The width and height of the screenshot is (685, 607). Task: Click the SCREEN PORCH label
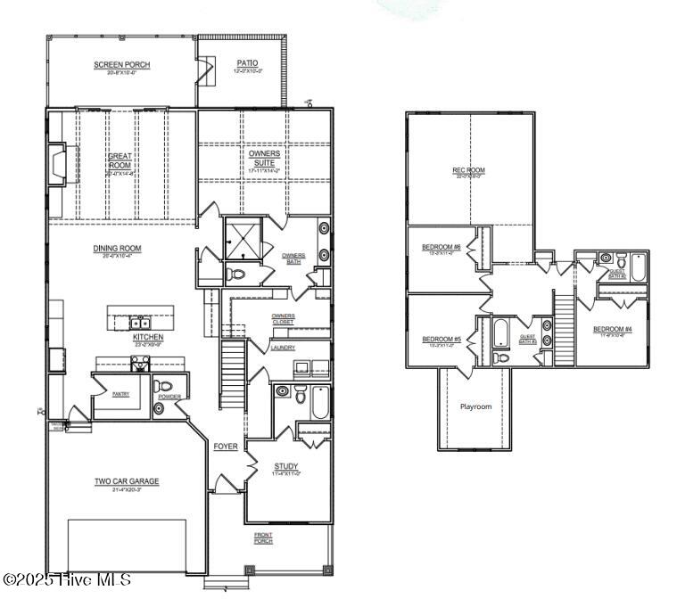coord(122,65)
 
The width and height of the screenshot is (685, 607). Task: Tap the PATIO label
coord(247,63)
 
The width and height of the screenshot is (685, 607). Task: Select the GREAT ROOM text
coord(120,160)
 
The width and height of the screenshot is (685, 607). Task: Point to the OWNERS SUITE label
coord(264,159)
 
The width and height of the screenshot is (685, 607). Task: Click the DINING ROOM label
coord(118,249)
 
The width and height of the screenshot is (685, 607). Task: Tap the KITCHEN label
coord(147,338)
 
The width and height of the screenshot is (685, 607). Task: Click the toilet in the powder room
coord(163,387)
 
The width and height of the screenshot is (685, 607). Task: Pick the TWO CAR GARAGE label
coord(127,481)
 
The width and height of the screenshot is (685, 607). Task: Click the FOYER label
coord(225,447)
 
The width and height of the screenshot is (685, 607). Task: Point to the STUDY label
coord(286,465)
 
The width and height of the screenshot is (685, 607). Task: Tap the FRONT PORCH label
coord(263,537)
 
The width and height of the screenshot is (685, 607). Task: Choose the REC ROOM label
coord(468,170)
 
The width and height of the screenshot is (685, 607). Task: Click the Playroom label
coord(475,406)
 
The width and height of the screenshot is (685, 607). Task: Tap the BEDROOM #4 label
coord(613,330)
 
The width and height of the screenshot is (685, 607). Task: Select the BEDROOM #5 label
coord(441,339)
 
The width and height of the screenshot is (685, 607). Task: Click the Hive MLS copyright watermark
coord(67,579)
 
